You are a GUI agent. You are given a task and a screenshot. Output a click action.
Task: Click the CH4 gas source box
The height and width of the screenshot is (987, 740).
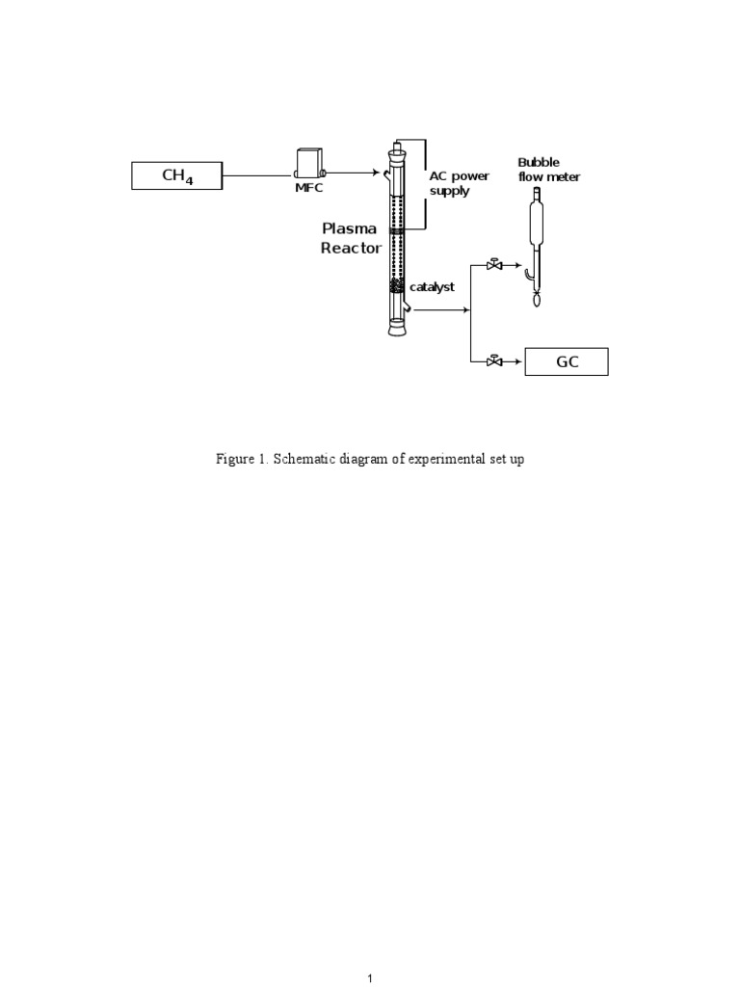point(177,176)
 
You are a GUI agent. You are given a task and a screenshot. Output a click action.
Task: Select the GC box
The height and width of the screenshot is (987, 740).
point(566,361)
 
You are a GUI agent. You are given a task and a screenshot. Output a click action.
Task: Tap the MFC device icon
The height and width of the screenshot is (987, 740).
point(308,163)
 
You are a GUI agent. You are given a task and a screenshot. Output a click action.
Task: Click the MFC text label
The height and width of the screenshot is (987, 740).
point(308,188)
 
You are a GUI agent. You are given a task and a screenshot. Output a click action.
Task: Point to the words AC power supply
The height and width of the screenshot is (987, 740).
point(459,184)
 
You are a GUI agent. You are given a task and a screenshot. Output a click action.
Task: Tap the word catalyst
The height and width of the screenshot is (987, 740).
point(432,287)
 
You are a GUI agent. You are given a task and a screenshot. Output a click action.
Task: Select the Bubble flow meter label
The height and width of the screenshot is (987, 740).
point(549,170)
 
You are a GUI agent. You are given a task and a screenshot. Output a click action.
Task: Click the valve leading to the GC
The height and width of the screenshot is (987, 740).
point(494,361)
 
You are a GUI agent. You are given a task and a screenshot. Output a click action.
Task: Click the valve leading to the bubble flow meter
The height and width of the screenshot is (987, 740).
point(494,264)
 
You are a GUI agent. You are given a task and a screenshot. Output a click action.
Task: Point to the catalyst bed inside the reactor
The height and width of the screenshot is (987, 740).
point(395,286)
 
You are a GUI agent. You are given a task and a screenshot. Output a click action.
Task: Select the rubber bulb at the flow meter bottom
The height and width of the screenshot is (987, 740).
point(537,300)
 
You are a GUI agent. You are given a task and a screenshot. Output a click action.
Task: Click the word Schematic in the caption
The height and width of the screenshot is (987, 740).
point(304,460)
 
